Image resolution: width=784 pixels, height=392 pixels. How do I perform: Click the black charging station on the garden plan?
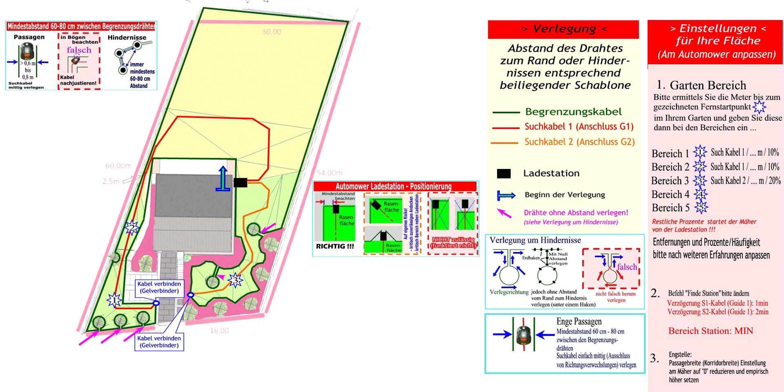tap(240, 183)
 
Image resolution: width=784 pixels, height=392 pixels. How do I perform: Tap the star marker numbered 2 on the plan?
tap(132, 227)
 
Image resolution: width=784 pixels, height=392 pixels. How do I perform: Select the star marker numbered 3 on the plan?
tap(235, 280)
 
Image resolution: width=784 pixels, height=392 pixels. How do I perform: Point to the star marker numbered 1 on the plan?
tap(114, 300)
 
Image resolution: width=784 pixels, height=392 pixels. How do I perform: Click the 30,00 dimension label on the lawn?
tap(272, 32)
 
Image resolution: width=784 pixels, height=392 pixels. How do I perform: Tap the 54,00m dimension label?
tap(330, 173)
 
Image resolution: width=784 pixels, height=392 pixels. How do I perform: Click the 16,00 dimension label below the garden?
tap(219, 330)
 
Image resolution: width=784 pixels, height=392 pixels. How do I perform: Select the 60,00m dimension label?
tap(118, 165)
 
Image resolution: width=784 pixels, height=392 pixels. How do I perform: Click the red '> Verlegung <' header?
tap(563, 29)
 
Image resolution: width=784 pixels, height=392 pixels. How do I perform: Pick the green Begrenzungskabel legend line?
tap(506, 112)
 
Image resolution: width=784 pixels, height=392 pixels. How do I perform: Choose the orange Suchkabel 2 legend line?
tap(506, 143)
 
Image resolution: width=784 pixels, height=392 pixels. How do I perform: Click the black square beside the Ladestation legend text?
tap(503, 174)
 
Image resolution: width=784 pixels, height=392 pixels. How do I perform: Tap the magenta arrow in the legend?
tap(504, 213)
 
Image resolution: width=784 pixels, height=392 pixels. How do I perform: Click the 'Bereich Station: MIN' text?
tap(710, 331)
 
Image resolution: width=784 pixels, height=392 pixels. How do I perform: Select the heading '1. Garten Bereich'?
tap(701, 85)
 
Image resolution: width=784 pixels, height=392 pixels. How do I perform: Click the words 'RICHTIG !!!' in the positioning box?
tap(335, 246)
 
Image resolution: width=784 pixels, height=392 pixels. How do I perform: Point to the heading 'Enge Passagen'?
tap(579, 321)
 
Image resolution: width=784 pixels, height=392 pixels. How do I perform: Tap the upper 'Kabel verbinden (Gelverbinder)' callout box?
tap(159, 287)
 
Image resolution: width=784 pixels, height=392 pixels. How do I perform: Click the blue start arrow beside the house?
tap(223, 179)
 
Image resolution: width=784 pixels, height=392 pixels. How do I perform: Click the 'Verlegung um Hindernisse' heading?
tap(535, 240)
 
